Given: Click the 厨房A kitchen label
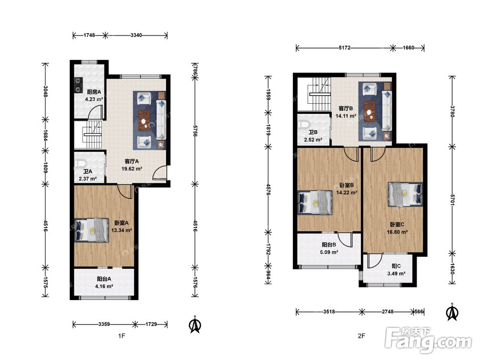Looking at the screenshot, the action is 94,92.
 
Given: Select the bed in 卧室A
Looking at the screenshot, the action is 92,230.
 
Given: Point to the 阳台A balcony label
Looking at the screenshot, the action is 104,279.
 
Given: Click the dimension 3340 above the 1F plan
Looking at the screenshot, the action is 136,35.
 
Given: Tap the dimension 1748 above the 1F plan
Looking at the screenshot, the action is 89,35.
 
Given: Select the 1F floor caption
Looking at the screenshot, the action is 121,336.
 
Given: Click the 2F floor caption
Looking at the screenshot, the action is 361,336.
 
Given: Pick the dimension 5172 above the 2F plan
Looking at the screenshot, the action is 345,48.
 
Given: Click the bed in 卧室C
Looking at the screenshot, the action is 405,194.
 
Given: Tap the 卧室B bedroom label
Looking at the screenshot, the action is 347,185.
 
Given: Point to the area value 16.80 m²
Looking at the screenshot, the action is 397,232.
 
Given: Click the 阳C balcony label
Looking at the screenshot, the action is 396,266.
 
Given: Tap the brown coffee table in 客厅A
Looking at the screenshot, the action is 144,120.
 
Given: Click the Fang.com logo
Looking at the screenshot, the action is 428,340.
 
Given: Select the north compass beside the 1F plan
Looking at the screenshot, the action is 194,325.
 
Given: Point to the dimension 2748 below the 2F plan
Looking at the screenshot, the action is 387,312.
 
